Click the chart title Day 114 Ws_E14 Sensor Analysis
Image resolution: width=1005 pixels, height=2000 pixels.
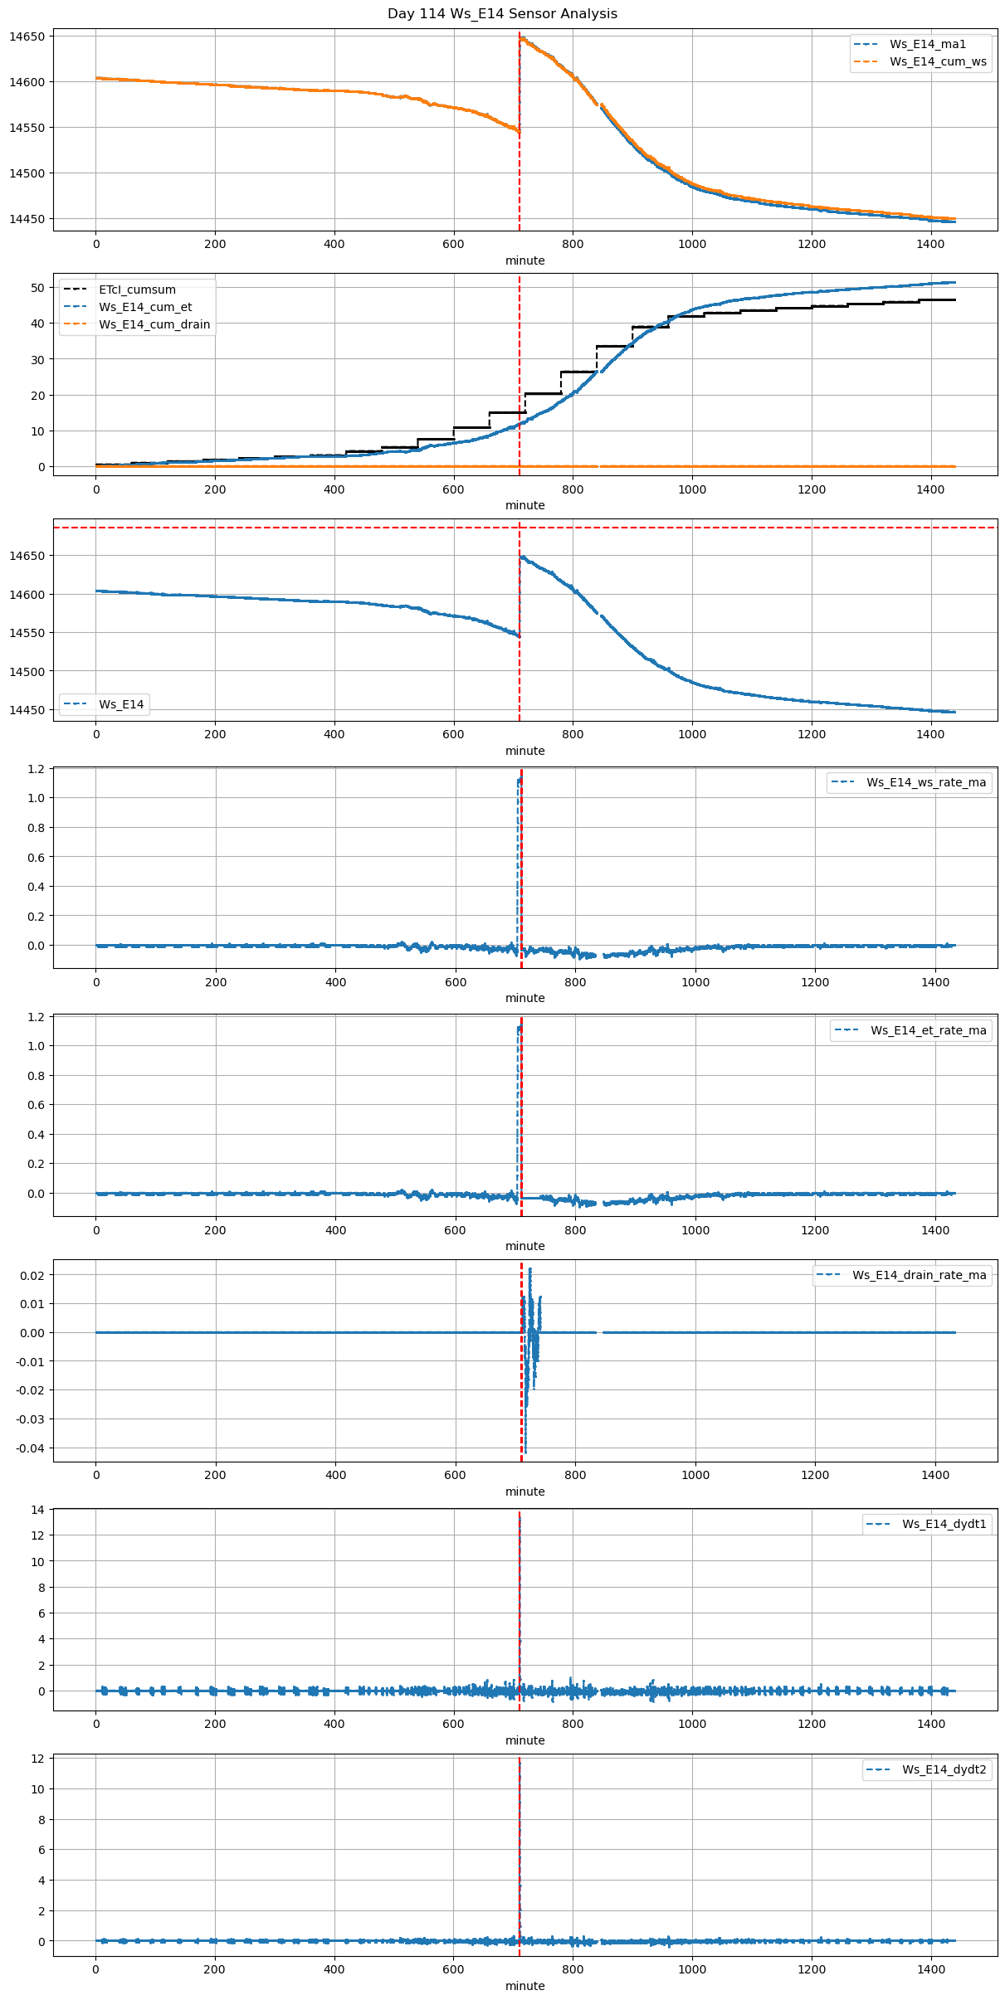[x=502, y=14]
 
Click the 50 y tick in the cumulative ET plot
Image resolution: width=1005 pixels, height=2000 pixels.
[x=37, y=288]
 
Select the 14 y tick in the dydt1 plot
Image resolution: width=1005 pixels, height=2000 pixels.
[x=37, y=1510]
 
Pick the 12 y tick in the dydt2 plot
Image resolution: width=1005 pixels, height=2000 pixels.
[x=37, y=1759]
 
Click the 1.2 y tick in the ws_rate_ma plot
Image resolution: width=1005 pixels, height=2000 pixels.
[x=35, y=769]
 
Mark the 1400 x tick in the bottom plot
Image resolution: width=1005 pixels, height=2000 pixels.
[x=931, y=1969]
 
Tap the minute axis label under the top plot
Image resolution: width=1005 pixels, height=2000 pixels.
[x=525, y=260]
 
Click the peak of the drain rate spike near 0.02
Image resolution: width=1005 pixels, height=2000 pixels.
[x=529, y=1269]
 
